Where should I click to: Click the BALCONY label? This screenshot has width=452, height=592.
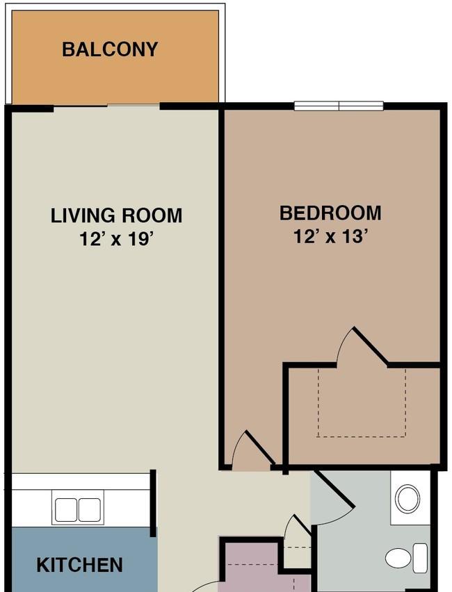110,49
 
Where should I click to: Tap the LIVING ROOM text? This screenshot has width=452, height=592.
116,215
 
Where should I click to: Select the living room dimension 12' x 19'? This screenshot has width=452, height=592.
116,239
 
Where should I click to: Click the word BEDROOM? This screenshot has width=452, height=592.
330,213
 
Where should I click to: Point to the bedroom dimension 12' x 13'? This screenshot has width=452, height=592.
331,237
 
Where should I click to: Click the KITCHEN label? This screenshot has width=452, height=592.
79,565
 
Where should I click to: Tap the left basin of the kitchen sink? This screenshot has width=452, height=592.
66,510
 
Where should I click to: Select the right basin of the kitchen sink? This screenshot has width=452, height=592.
90,510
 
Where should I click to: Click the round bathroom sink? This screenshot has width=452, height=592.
407,498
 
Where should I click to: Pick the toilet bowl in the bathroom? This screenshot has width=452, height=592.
398,558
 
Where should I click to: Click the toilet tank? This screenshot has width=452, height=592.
420,558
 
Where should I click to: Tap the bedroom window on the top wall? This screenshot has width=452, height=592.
339,106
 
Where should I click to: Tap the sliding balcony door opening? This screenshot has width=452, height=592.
107,106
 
